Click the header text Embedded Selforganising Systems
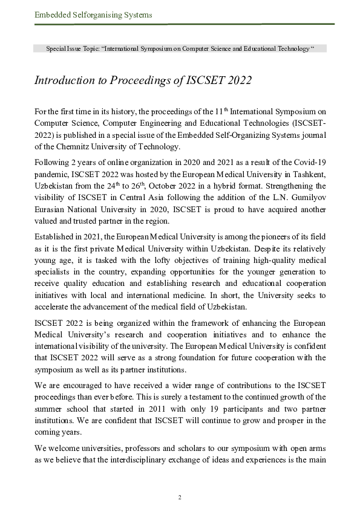coord(93,15)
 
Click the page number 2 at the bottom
coord(180,497)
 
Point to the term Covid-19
coord(310,162)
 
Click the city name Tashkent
coord(307,173)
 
